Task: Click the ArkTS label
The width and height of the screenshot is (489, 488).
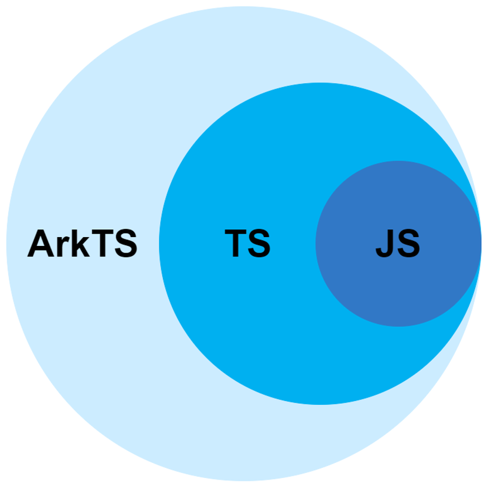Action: [x=82, y=244]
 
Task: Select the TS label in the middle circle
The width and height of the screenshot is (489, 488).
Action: [x=248, y=244]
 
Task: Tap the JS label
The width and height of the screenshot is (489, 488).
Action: [x=398, y=244]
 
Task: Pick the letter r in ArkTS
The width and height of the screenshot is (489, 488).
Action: [x=63, y=247]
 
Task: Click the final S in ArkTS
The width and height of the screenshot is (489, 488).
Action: [x=125, y=244]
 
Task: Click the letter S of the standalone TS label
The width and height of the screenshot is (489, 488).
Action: [x=259, y=244]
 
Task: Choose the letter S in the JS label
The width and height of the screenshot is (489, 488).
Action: [x=409, y=244]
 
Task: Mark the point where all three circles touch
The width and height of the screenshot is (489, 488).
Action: [x=481, y=244]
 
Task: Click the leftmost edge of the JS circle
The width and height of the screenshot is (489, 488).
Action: [x=316, y=244]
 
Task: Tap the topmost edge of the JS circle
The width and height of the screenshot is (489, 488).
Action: [x=398, y=161]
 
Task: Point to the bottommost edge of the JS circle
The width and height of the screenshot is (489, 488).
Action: [x=398, y=326]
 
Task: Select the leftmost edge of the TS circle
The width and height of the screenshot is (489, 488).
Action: [x=159, y=244]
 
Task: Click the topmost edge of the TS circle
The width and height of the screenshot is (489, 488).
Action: [x=320, y=83]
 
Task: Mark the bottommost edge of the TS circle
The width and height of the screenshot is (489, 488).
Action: [x=320, y=404]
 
